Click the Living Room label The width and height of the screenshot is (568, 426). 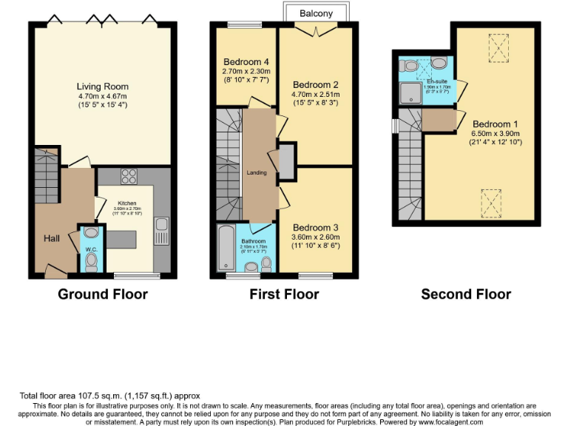click(103, 85)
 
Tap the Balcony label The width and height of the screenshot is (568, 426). click(316, 13)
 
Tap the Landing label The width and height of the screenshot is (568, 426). click(257, 173)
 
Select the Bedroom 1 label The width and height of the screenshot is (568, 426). click(496, 124)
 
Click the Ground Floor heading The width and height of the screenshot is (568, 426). click(103, 294)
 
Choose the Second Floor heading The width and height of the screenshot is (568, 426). click(466, 294)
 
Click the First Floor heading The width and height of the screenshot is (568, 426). click(284, 294)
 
